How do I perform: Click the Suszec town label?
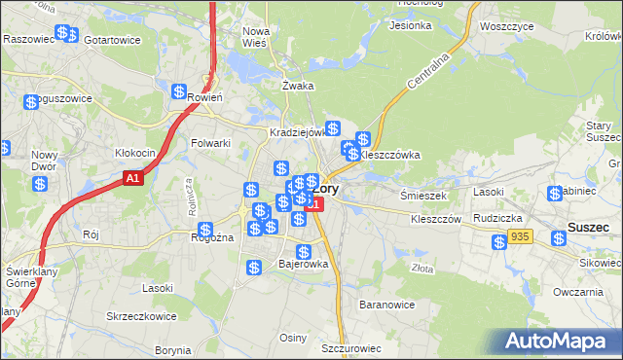point(589,228)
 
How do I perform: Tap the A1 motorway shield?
point(134,178)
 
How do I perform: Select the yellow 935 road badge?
point(521,236)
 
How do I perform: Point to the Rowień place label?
point(205,97)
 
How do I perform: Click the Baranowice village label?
point(387,305)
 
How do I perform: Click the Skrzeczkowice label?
point(142,317)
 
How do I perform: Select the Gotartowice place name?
point(113,40)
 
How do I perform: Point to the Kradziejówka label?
point(296,131)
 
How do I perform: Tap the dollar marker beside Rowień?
point(179,91)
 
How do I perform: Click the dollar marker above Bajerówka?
point(303,252)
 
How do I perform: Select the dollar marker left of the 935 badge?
point(498,242)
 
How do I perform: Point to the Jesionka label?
point(410,25)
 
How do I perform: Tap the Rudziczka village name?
point(498,218)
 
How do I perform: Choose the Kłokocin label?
point(135,154)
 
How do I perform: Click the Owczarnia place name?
point(580,293)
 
